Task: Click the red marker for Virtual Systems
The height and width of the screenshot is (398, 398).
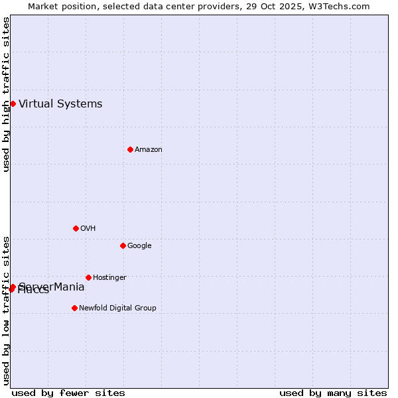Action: pos(13,103)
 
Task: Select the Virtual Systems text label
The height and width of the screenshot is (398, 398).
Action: pos(60,103)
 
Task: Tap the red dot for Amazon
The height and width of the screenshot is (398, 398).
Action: pos(130,149)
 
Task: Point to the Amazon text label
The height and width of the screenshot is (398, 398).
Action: pos(149,150)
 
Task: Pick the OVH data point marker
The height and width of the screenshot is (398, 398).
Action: pos(76,228)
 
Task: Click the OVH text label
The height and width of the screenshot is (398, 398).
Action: pos(88,229)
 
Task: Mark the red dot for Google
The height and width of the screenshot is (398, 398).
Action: pos(123,245)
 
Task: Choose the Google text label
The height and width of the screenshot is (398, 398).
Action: pos(139,246)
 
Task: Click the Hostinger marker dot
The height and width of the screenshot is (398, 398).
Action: pos(88,277)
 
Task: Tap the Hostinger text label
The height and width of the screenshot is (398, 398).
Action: pos(109,278)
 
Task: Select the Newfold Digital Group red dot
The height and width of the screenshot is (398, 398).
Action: pos(74,308)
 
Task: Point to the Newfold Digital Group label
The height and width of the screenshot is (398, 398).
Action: pos(117,308)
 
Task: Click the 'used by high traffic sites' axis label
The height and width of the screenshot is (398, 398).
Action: pos(6,94)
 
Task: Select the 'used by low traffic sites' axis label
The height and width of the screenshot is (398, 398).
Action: pos(6,310)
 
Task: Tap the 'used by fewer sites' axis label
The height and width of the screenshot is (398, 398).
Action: pos(68,393)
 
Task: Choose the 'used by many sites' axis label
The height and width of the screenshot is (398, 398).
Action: pos(333,393)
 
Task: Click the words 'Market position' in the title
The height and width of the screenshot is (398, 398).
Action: pos(58,6)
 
